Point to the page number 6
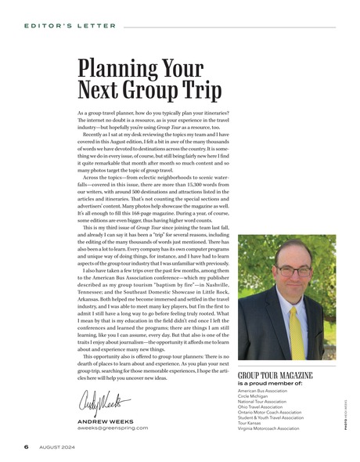26,449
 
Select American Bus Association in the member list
265,390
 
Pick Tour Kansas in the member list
252,423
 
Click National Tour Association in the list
264,401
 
